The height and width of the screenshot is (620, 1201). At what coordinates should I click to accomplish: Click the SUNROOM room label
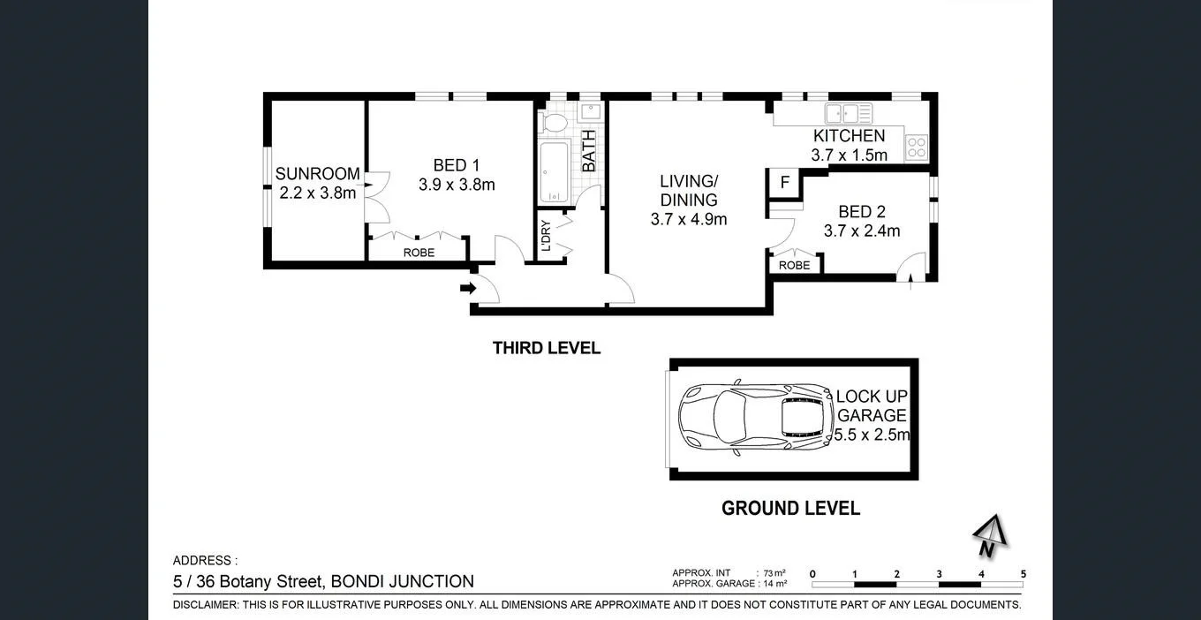317,174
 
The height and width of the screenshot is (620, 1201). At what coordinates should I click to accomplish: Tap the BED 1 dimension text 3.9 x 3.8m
457,185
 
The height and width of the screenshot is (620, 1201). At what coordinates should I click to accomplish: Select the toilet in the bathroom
555,123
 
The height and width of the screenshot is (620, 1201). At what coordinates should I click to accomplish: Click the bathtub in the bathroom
554,171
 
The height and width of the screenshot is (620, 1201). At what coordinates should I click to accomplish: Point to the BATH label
589,150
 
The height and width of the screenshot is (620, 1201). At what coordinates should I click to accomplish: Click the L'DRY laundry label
546,235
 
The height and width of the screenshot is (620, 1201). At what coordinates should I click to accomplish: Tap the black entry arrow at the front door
467,287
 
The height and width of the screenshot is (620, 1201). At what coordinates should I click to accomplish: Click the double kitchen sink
848,113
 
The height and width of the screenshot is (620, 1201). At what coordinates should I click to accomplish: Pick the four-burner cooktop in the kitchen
916,147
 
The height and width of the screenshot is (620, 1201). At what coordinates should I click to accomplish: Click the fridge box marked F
784,183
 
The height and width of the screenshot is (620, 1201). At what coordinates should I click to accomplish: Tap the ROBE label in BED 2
794,265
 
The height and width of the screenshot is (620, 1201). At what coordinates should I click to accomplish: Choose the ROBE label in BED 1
419,253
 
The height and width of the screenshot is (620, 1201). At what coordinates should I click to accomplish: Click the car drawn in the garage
755,420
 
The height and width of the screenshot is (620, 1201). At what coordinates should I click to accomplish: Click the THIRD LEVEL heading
546,348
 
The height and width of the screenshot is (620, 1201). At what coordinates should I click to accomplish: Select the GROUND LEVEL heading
790,508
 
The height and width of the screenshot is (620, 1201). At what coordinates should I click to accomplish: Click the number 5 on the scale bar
1023,574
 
